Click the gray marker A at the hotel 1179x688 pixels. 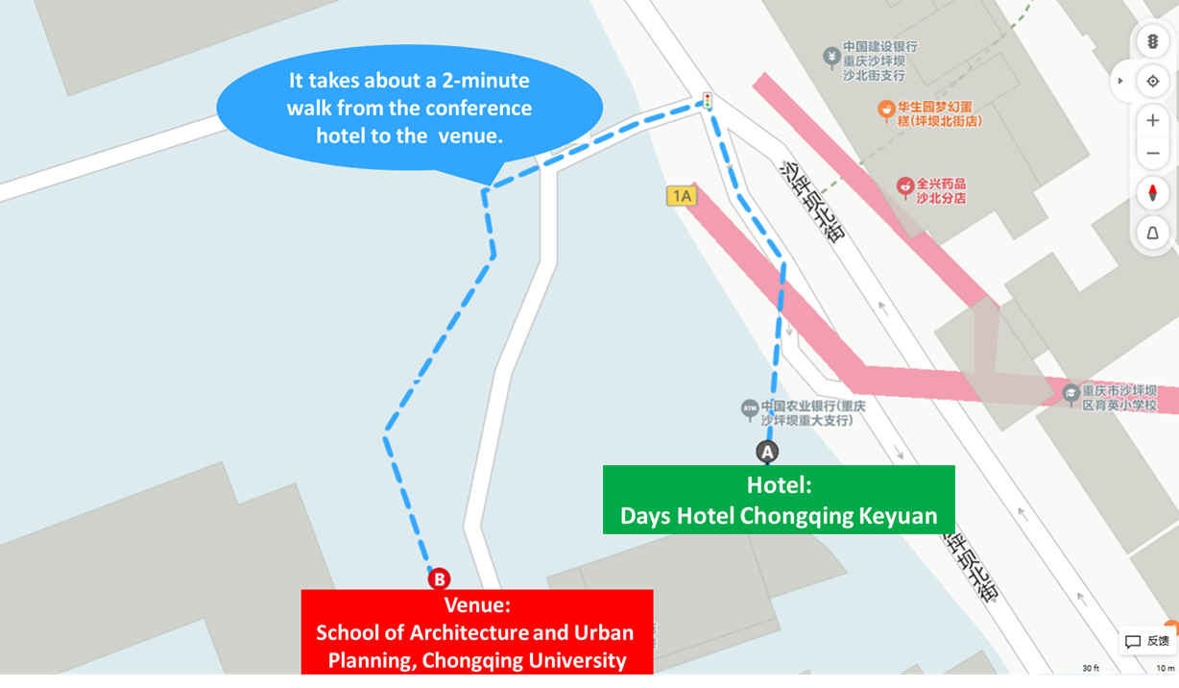click(766, 452)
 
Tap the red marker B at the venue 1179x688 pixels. click(439, 579)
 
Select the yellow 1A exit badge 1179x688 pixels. click(681, 196)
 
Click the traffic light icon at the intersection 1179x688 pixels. click(708, 100)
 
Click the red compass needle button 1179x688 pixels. click(1153, 193)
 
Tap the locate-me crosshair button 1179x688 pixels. click(1153, 82)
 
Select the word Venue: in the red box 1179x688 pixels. click(476, 605)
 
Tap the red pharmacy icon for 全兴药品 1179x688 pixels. click(903, 187)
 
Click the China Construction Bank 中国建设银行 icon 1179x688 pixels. click(831, 58)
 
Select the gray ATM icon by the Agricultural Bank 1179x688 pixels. click(750, 409)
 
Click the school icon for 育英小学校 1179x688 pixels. click(1071, 394)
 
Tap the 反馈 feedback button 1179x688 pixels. click(1148, 641)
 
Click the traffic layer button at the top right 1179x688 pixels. click(1153, 41)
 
